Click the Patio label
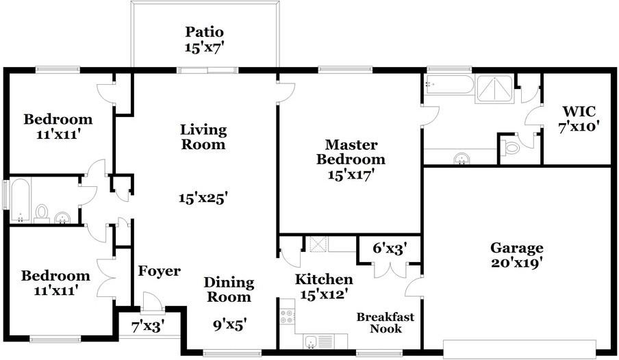click(205, 31)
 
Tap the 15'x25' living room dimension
click(203, 197)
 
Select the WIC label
click(579, 112)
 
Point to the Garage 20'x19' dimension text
click(517, 263)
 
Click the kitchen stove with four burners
click(287, 316)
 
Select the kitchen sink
click(311, 342)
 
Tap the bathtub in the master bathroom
click(449, 85)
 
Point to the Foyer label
click(159, 271)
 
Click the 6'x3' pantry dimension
click(390, 248)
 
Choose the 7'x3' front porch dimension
click(148, 327)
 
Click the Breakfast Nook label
click(386, 322)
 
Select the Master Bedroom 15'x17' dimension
click(351, 174)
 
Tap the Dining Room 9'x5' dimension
click(230, 325)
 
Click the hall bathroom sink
click(62, 218)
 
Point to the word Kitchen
click(324, 279)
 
